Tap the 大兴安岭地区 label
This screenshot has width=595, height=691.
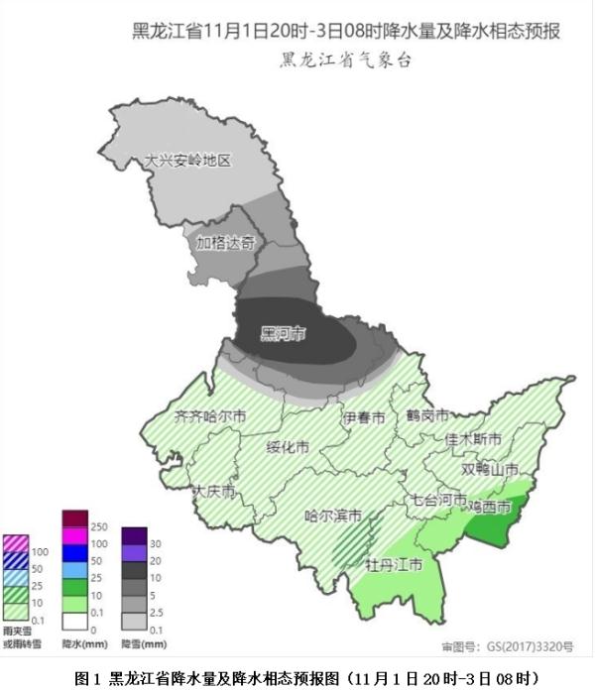(x=187, y=161)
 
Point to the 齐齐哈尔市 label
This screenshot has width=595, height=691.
(x=209, y=416)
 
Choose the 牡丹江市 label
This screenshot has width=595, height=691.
(x=395, y=565)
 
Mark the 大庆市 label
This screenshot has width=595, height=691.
(x=213, y=491)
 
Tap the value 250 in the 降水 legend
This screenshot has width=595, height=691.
(x=99, y=526)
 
